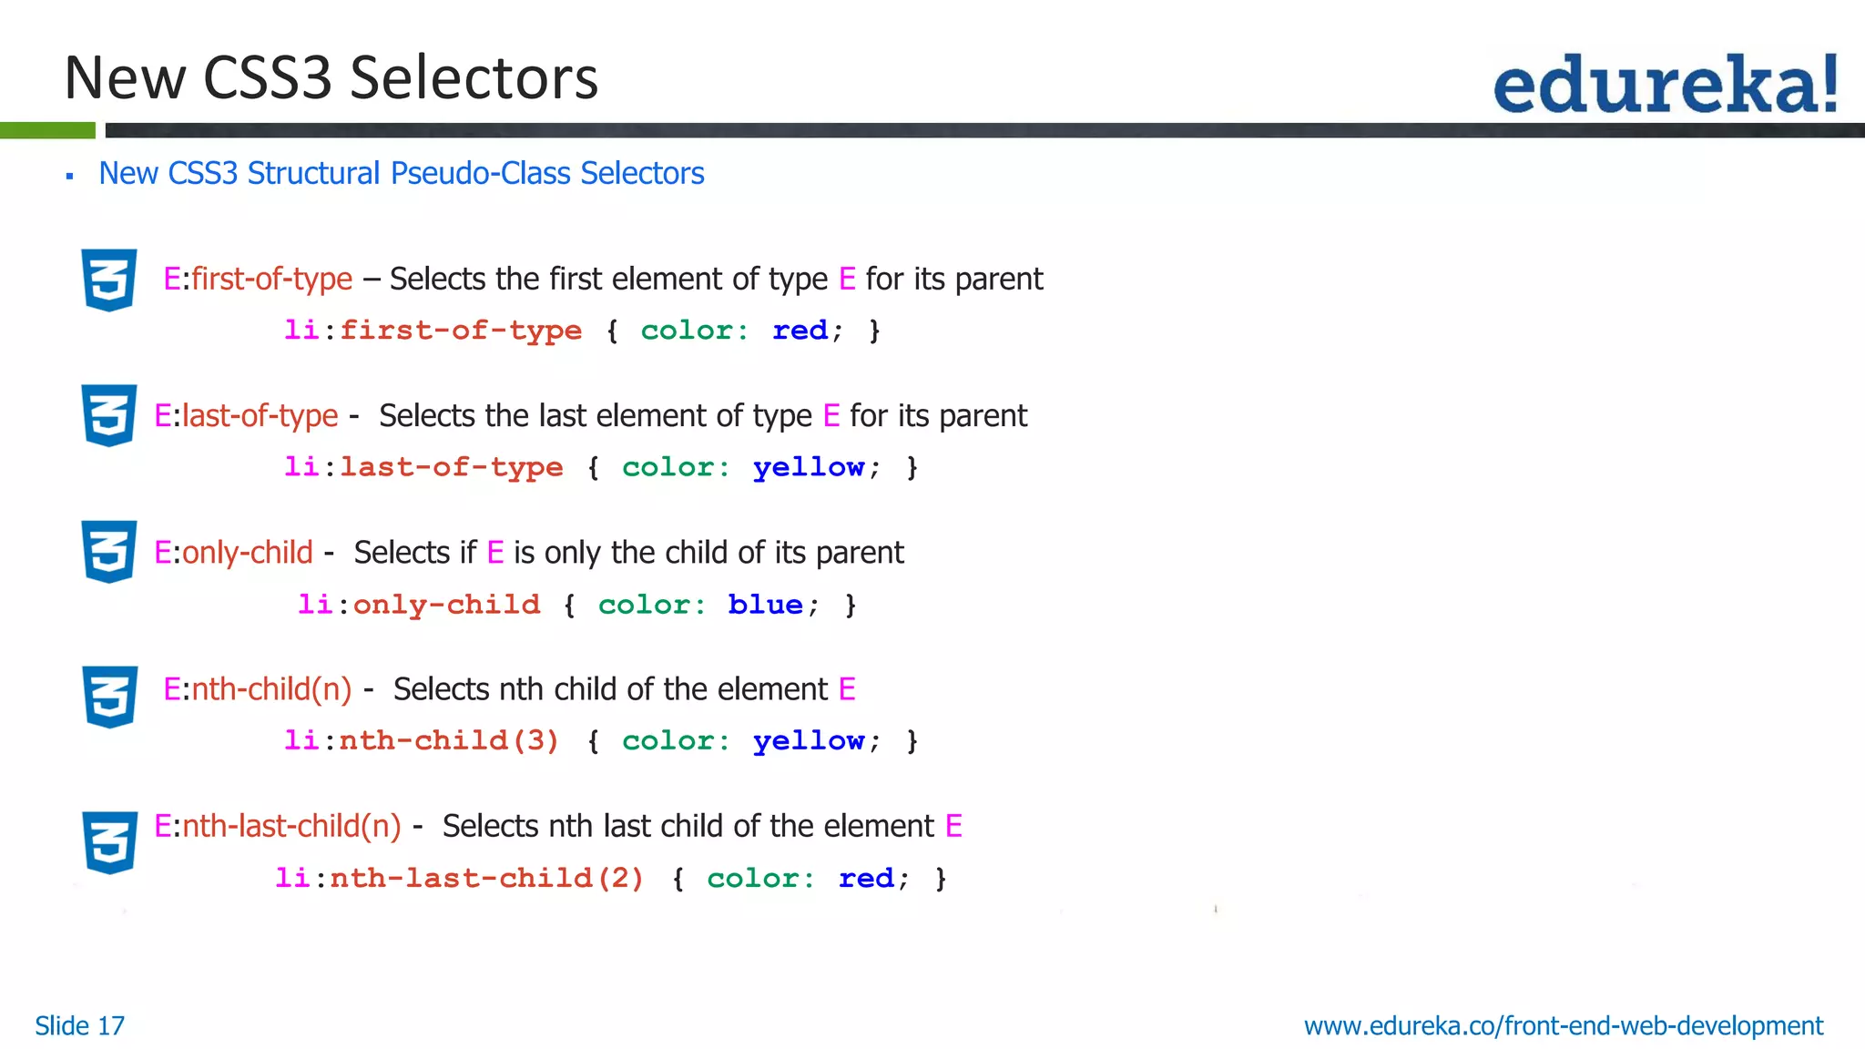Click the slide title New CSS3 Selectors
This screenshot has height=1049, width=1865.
[331, 77]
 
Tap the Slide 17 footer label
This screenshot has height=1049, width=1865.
[79, 1026]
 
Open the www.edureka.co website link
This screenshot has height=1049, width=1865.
[1563, 1026]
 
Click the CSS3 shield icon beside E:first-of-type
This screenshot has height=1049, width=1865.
[109, 280]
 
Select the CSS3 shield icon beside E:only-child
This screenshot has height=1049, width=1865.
[109, 552]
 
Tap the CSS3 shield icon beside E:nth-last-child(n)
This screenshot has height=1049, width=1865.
[109, 842]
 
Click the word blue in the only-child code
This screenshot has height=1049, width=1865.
[765, 605]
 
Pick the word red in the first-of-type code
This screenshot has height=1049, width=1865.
[800, 330]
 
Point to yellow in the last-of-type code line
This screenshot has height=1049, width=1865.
[808, 467]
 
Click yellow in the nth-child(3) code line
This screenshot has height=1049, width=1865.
[808, 740]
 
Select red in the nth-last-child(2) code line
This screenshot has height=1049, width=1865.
[866, 878]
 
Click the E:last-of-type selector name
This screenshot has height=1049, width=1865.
[246, 416]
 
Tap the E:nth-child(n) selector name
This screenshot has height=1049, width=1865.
[258, 689]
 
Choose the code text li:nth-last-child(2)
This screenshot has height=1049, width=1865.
[459, 878]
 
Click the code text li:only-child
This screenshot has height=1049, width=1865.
[419, 605]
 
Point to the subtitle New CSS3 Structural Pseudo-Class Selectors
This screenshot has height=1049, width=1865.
[401, 173]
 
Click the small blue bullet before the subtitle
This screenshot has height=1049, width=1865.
[69, 176]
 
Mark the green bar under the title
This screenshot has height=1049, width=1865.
[47, 130]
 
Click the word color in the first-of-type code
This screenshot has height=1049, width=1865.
[694, 330]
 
